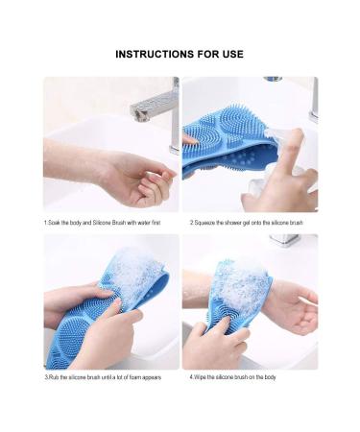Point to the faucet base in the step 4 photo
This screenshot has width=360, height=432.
tap(284, 239)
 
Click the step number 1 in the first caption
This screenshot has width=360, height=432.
tap(45, 222)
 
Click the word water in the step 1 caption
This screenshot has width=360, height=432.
tap(138, 222)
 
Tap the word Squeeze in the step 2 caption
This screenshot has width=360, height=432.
tap(204, 222)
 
